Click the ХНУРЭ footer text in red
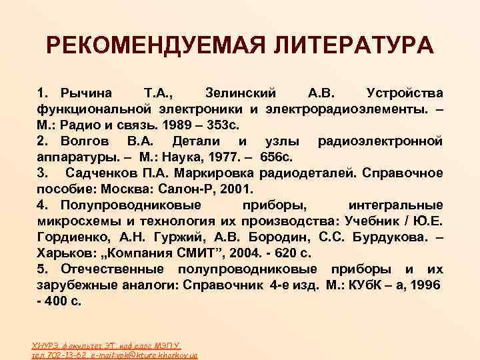[46, 345]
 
